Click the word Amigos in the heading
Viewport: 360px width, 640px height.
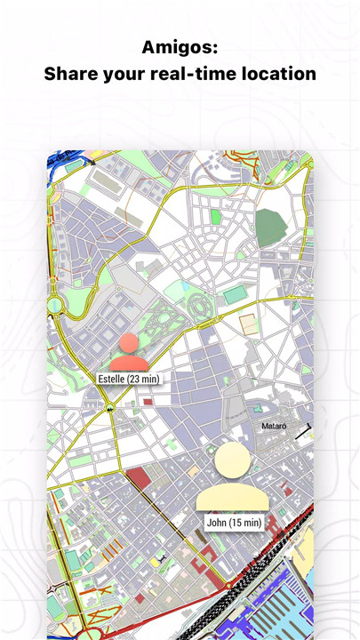pyautogui.click(x=180, y=46)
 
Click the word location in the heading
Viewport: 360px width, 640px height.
pyautogui.click(x=277, y=74)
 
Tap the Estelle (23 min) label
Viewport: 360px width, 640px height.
pyautogui.click(x=129, y=378)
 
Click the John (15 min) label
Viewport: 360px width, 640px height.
pyautogui.click(x=234, y=522)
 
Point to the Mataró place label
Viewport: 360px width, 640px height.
pyautogui.click(x=273, y=427)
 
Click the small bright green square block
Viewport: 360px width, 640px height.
pyautogui.click(x=215, y=216)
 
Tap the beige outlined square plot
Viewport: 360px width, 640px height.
pyautogui.click(x=251, y=324)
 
